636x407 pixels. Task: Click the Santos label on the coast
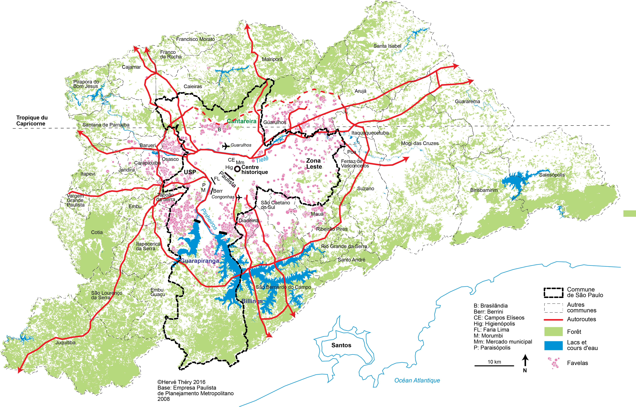click(341, 345)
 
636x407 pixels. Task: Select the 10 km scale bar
click(494, 365)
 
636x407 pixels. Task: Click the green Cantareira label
click(242, 121)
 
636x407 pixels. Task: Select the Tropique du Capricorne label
click(32, 121)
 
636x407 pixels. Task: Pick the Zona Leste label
click(314, 164)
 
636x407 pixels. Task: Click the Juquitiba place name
click(65, 342)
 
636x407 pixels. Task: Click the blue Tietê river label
click(262, 159)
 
